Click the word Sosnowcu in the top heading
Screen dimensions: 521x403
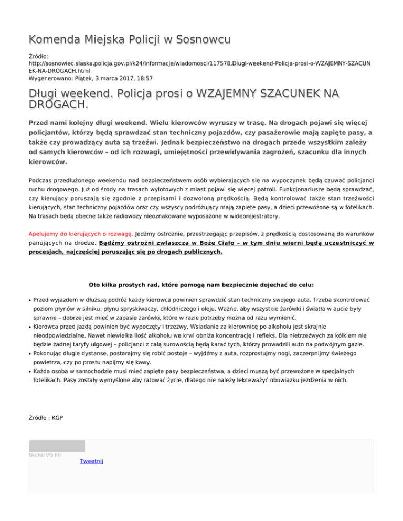[203, 39]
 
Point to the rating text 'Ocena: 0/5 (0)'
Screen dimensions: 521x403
[45, 454]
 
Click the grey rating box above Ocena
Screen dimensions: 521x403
[57, 446]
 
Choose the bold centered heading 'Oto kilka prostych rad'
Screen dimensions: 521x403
[201, 285]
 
